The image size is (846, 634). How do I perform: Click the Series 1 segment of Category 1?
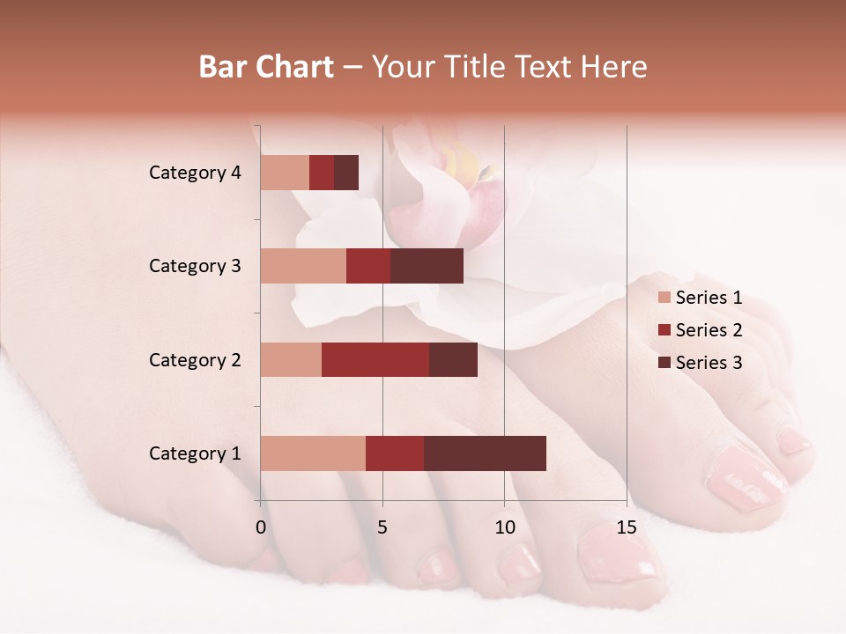pos(313,453)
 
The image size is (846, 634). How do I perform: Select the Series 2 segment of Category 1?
pos(395,453)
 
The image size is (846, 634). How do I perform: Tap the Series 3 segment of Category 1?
pos(485,453)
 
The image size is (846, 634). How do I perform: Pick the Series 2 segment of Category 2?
pos(375,359)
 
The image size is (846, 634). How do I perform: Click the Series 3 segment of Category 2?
pos(453,359)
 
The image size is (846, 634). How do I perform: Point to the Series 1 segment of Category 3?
pos(303,266)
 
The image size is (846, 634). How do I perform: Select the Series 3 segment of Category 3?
pos(427,266)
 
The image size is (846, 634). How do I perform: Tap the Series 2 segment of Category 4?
pos(322,173)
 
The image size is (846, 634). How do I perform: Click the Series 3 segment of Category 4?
pos(346,173)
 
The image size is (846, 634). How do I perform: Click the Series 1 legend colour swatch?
pos(664,298)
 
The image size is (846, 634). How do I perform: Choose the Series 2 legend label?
pos(709,330)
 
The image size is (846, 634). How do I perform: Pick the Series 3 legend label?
pos(709,363)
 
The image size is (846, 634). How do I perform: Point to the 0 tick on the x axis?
pos(261,527)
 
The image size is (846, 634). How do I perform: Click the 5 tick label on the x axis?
pos(382,527)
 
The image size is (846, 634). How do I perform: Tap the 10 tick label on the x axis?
pos(504,527)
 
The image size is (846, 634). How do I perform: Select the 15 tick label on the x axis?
pos(626,527)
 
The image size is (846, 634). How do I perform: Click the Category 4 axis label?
pos(195,173)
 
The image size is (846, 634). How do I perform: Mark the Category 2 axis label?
pos(195,359)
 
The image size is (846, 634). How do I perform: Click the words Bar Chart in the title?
pos(266,66)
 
